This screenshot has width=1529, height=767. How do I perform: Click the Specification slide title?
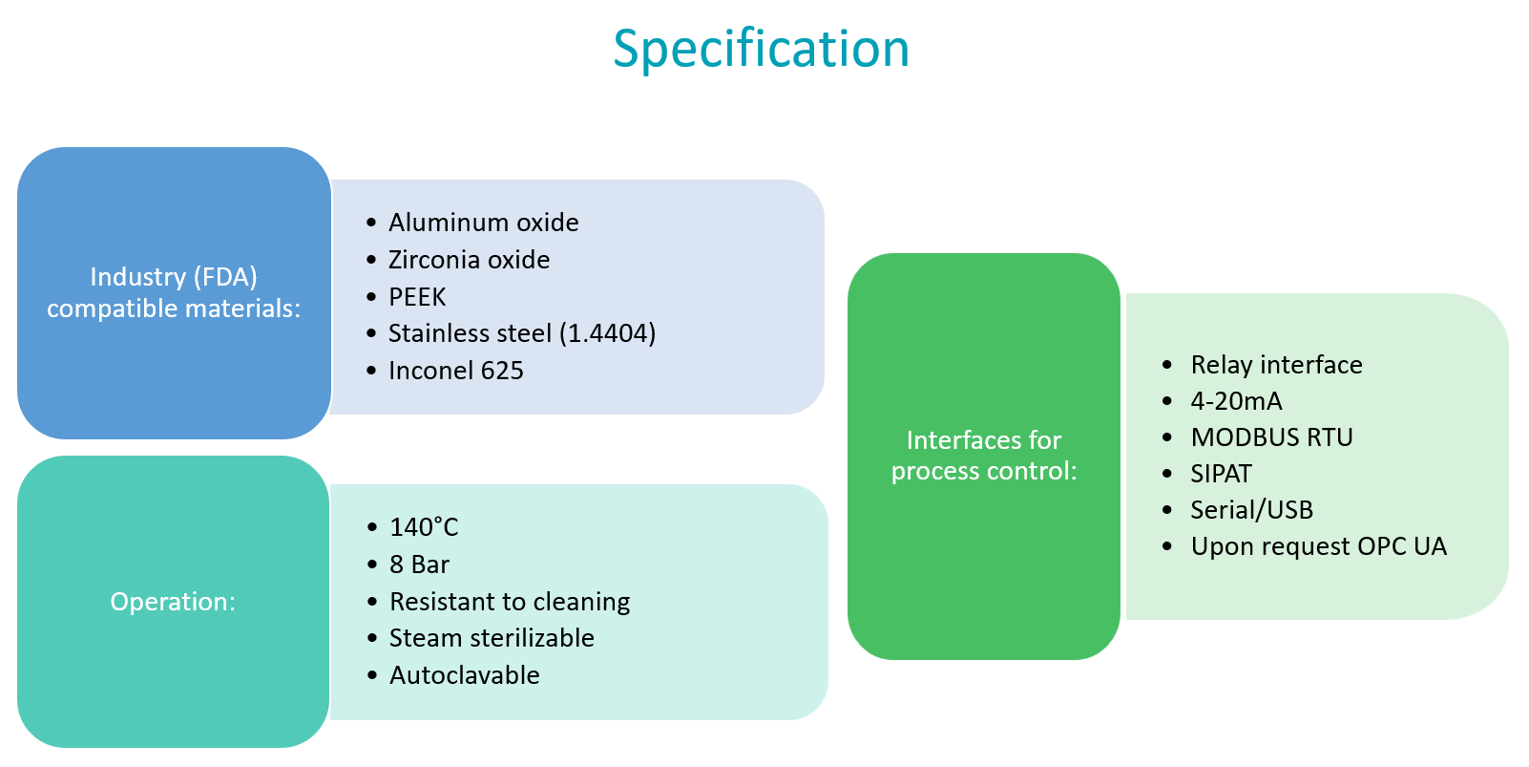761,49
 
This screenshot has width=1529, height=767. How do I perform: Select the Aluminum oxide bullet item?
483,223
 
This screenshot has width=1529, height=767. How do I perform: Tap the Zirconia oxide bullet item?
469,260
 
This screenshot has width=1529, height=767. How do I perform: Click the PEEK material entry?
417,297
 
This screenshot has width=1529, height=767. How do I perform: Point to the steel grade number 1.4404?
608,333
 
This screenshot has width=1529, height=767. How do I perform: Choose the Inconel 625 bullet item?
456,371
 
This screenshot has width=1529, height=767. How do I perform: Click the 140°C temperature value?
424,527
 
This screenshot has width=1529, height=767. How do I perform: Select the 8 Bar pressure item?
419,565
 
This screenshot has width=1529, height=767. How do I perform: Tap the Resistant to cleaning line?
510,602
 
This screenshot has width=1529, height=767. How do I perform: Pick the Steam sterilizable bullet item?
492,638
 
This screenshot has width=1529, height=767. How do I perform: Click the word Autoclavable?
465,675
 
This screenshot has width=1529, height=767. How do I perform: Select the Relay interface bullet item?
1276,365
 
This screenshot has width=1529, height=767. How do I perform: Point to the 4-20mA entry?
1236,401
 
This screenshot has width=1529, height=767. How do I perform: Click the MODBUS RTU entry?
1271,437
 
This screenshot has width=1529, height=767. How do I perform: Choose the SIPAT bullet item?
1221,474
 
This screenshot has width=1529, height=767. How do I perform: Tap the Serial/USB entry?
1251,510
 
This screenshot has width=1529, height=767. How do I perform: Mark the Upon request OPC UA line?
1318,546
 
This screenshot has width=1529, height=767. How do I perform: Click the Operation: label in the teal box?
173,602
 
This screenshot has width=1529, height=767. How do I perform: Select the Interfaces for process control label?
984,456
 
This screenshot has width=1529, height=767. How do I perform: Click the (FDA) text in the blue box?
225,277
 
